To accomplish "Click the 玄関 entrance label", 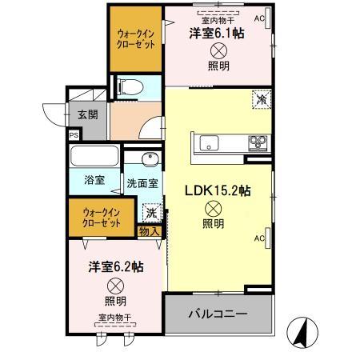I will pos(88,114).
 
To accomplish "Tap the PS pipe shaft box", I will pos(74,136).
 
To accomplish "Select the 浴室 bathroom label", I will pos(94,180).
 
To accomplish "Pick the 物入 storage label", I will pos(149,232).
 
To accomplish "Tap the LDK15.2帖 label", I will pos(218,191).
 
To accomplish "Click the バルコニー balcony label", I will pos(218,314).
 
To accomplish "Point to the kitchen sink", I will pos(209,143).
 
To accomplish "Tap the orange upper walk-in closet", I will pos(134,39).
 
